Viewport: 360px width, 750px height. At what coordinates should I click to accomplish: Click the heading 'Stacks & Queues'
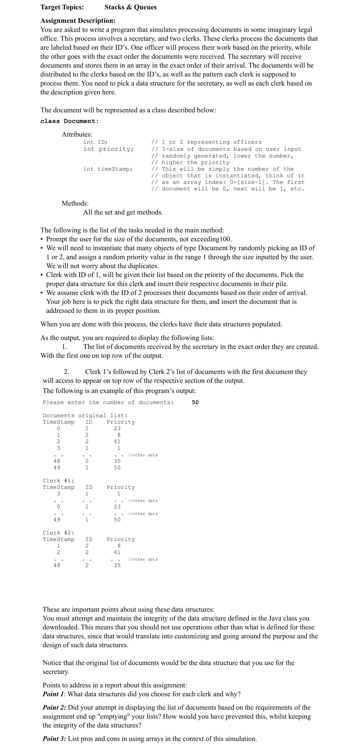click(x=130, y=7)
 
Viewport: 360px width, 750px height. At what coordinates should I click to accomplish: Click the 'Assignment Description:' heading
click(x=78, y=21)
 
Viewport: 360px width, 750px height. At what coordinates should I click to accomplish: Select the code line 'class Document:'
click(x=69, y=121)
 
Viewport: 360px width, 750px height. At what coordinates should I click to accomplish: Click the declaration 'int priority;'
click(x=108, y=149)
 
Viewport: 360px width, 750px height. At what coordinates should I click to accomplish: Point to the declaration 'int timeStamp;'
click(x=108, y=169)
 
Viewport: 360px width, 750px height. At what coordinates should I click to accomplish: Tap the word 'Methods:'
click(x=75, y=203)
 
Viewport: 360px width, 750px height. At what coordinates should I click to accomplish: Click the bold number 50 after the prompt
click(x=195, y=402)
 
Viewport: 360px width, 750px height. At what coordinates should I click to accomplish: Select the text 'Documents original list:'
click(x=85, y=416)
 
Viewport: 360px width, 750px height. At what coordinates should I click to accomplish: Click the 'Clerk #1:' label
click(x=58, y=481)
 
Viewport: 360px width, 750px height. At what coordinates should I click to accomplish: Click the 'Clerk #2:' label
click(x=58, y=533)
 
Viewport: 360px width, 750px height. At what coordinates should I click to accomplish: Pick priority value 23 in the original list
click(x=117, y=428)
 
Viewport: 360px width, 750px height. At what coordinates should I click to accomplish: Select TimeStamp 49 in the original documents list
click(x=57, y=468)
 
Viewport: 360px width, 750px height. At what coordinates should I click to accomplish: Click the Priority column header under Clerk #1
click(x=121, y=487)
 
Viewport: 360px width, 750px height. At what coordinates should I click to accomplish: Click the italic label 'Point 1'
click(x=54, y=694)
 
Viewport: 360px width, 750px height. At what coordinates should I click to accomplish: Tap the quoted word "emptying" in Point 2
click(x=116, y=716)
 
